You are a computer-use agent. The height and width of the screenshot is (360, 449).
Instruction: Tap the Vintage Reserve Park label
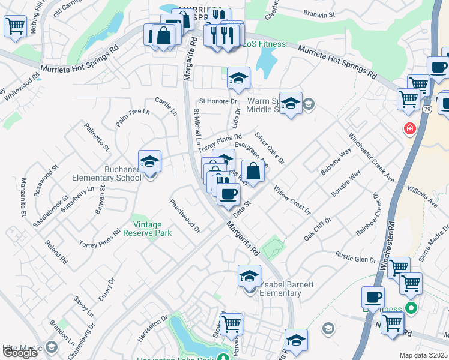tap(148, 229)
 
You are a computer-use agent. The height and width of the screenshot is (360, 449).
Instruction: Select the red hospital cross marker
tap(410, 128)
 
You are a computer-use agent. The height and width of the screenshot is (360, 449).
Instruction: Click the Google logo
tap(20, 353)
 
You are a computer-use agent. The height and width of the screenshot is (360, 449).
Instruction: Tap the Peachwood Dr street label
tap(184, 216)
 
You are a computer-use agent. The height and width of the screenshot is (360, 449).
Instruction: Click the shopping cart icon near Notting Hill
tap(14, 26)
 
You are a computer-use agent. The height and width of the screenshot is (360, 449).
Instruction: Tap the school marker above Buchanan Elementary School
tap(149, 161)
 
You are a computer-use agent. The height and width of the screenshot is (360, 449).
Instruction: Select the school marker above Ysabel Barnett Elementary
tap(249, 277)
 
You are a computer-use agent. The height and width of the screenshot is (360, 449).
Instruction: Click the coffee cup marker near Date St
tap(228, 194)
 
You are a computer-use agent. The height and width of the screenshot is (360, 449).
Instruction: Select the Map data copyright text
tap(424, 355)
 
